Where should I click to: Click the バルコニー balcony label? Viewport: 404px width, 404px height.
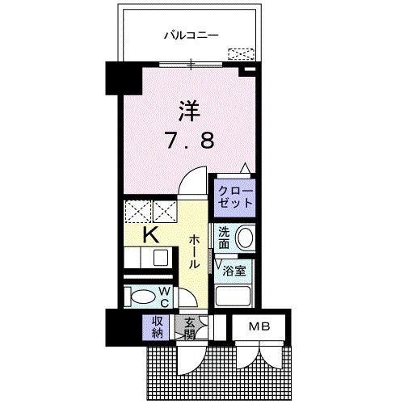click(191, 36)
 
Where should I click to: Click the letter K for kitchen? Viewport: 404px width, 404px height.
click(149, 235)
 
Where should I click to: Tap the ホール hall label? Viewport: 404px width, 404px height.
click(196, 251)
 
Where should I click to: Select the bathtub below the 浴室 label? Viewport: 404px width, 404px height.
click(235, 294)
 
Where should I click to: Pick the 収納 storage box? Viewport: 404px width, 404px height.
click(156, 326)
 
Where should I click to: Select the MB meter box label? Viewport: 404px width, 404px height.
click(260, 326)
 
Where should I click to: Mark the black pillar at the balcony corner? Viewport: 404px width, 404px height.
click(116, 79)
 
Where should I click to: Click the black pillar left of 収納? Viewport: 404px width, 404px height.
click(116, 326)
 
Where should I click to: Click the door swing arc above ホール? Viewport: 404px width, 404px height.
click(189, 188)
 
